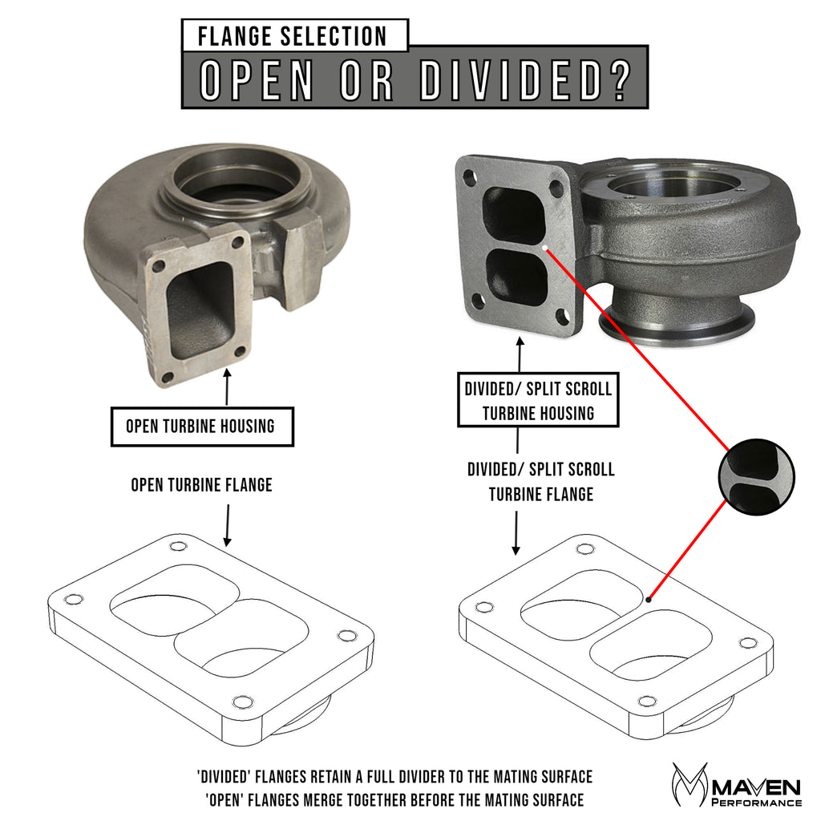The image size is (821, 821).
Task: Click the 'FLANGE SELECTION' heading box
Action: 294,36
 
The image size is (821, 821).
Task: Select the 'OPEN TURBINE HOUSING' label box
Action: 200,427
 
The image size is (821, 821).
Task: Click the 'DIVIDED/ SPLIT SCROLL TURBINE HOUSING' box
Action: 538,401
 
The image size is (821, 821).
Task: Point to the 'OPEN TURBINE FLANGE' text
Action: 201,485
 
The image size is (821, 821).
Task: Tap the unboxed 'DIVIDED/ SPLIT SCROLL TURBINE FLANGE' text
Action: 540,481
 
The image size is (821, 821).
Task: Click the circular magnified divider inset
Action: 756,476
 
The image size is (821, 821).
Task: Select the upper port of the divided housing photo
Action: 515,215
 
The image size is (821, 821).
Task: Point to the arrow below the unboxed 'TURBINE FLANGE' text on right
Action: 516,532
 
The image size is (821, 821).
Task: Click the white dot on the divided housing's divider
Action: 544,249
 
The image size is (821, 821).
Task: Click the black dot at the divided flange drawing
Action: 648,598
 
